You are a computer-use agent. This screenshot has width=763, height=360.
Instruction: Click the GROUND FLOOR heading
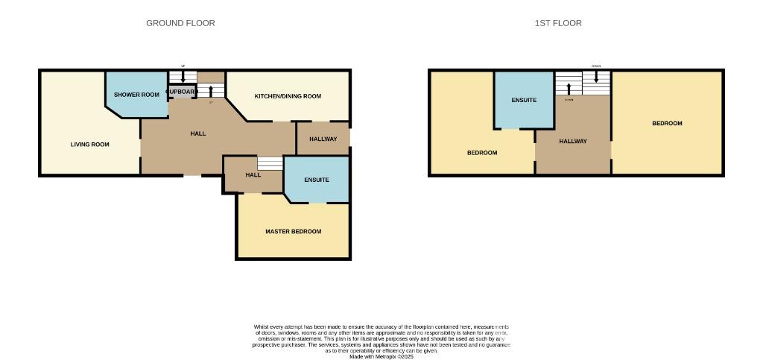coord(180,23)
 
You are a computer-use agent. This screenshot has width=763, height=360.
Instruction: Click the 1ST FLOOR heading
coord(558,23)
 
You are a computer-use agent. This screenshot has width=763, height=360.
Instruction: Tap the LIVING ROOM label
coord(90,145)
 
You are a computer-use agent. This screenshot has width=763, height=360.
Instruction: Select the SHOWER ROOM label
coord(137,95)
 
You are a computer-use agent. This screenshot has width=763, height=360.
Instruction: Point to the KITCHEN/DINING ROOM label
coord(288,96)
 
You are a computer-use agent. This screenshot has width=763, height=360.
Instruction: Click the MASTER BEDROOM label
coord(294,232)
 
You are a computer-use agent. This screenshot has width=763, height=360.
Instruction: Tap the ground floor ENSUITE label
coord(316,180)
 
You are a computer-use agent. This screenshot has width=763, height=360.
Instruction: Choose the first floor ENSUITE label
coord(524,100)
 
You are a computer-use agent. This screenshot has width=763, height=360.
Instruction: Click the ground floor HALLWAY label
coord(323,139)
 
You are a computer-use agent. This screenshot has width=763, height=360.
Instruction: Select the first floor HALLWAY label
coord(573,141)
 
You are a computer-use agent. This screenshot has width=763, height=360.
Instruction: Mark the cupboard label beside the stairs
coord(182,92)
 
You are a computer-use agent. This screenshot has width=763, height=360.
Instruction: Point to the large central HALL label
coord(198,133)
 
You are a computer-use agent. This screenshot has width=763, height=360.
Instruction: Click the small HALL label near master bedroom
coord(253,175)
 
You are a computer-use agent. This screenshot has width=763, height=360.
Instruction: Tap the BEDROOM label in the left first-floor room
coord(482,153)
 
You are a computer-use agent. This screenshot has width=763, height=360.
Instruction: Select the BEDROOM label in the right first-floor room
coord(667,124)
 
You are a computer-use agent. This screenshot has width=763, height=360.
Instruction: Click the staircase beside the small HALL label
coord(270,163)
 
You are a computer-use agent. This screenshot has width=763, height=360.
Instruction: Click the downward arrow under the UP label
coord(183,76)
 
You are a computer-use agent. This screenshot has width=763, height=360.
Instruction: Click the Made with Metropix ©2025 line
coord(381,356)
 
